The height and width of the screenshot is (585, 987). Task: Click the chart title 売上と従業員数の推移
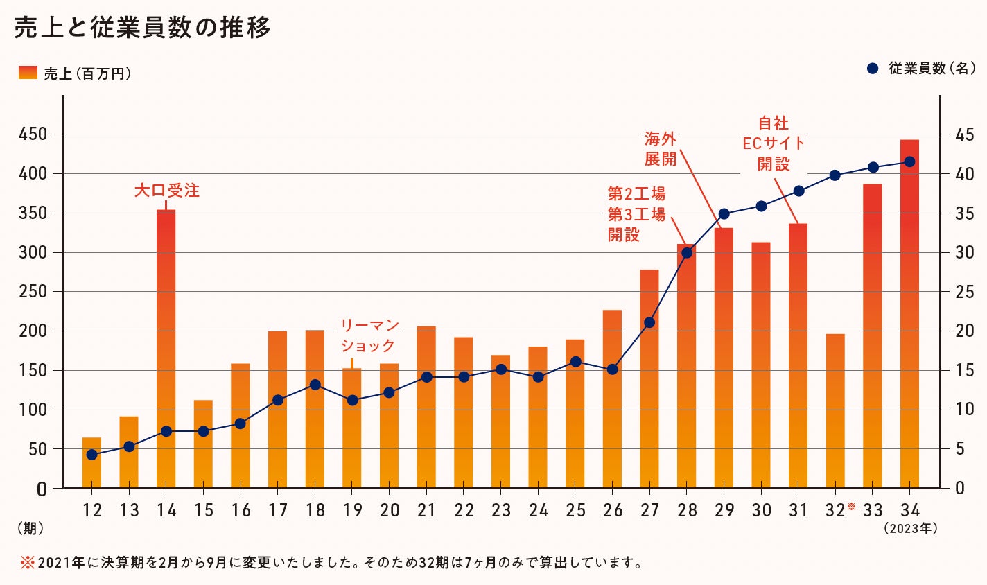point(142,28)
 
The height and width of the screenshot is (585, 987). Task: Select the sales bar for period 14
point(166,347)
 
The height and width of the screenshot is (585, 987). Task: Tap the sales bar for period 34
point(909,312)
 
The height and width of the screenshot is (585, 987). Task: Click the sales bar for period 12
point(91,463)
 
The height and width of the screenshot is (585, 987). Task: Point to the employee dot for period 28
point(687,252)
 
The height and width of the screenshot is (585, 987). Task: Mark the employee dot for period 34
point(910,161)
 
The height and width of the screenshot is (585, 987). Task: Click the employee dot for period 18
point(315,385)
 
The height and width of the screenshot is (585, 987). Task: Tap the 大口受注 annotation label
point(166,191)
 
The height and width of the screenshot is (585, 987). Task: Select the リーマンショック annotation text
point(369,335)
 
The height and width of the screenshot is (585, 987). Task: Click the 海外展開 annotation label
point(660,149)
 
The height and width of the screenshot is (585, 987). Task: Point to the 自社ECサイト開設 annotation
point(774,143)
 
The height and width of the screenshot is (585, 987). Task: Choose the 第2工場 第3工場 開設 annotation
point(636,213)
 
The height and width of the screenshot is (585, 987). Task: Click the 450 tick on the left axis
point(33,134)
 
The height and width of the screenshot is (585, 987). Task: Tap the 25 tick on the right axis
point(964,292)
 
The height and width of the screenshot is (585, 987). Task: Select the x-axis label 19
point(352,511)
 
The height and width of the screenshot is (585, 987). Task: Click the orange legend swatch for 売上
point(28,72)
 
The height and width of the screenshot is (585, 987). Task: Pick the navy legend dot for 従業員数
point(873,69)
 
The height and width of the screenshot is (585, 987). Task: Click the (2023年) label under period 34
point(910,528)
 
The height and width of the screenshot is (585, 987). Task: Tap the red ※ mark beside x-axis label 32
point(852,507)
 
